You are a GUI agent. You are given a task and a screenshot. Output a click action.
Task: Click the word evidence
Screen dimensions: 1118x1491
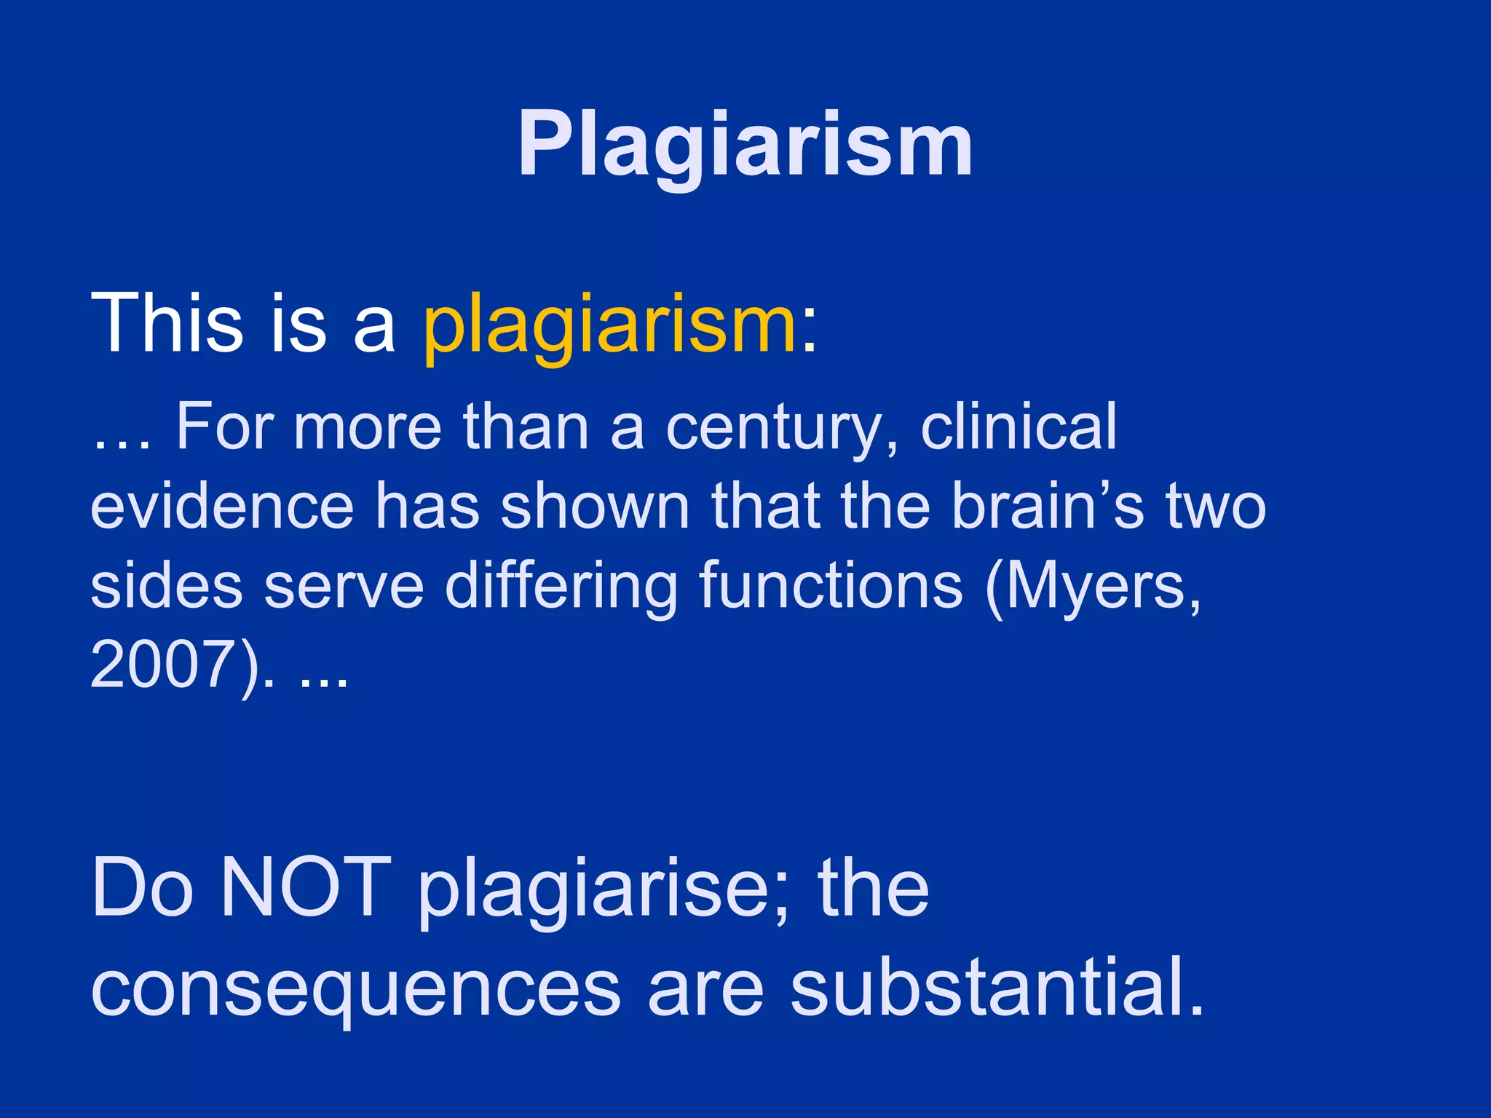coord(222,507)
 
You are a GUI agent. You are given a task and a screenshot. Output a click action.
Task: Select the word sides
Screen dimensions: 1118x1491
coord(166,587)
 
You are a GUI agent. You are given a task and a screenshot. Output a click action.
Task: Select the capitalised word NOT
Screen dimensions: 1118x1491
coord(305,888)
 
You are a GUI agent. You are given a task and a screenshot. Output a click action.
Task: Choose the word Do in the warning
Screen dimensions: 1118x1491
coord(143,888)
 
